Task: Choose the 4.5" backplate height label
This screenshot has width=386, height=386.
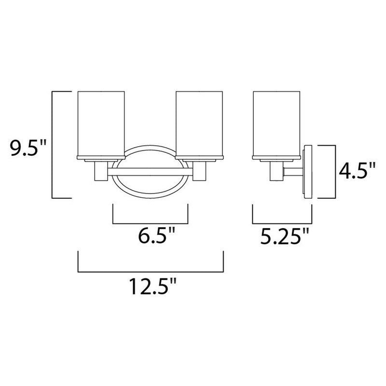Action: tap(356, 171)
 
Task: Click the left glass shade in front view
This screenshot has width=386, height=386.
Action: tap(101, 123)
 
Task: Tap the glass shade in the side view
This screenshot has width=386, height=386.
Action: tap(276, 123)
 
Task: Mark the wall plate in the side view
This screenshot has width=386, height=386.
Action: tap(307, 171)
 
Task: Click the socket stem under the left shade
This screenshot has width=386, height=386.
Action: tap(101, 171)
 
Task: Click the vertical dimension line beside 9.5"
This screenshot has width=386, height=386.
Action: tap(52, 144)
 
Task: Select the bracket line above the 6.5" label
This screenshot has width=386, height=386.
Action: tap(150, 224)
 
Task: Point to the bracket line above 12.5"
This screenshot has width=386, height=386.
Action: tap(150, 272)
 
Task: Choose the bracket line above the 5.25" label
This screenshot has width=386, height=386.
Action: tap(282, 224)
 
